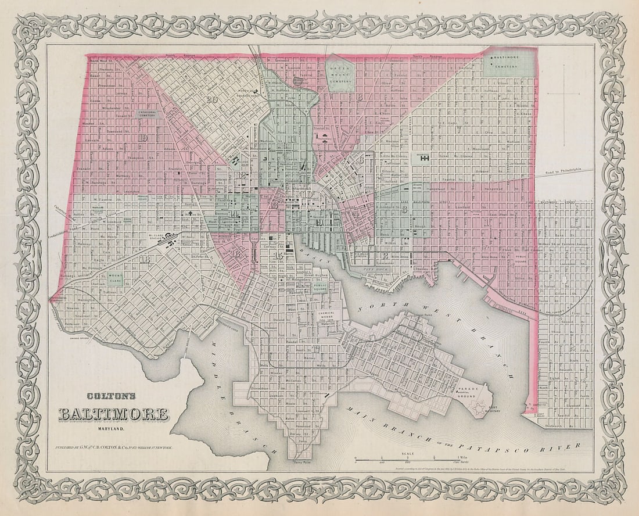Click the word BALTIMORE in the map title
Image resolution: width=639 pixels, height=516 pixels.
pyautogui.click(x=114, y=414)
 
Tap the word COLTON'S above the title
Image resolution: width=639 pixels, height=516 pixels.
pyautogui.click(x=112, y=397)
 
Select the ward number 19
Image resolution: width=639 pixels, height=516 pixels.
pyautogui.click(x=142, y=138)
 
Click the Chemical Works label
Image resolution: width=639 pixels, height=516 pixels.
pyautogui.click(x=326, y=313)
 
